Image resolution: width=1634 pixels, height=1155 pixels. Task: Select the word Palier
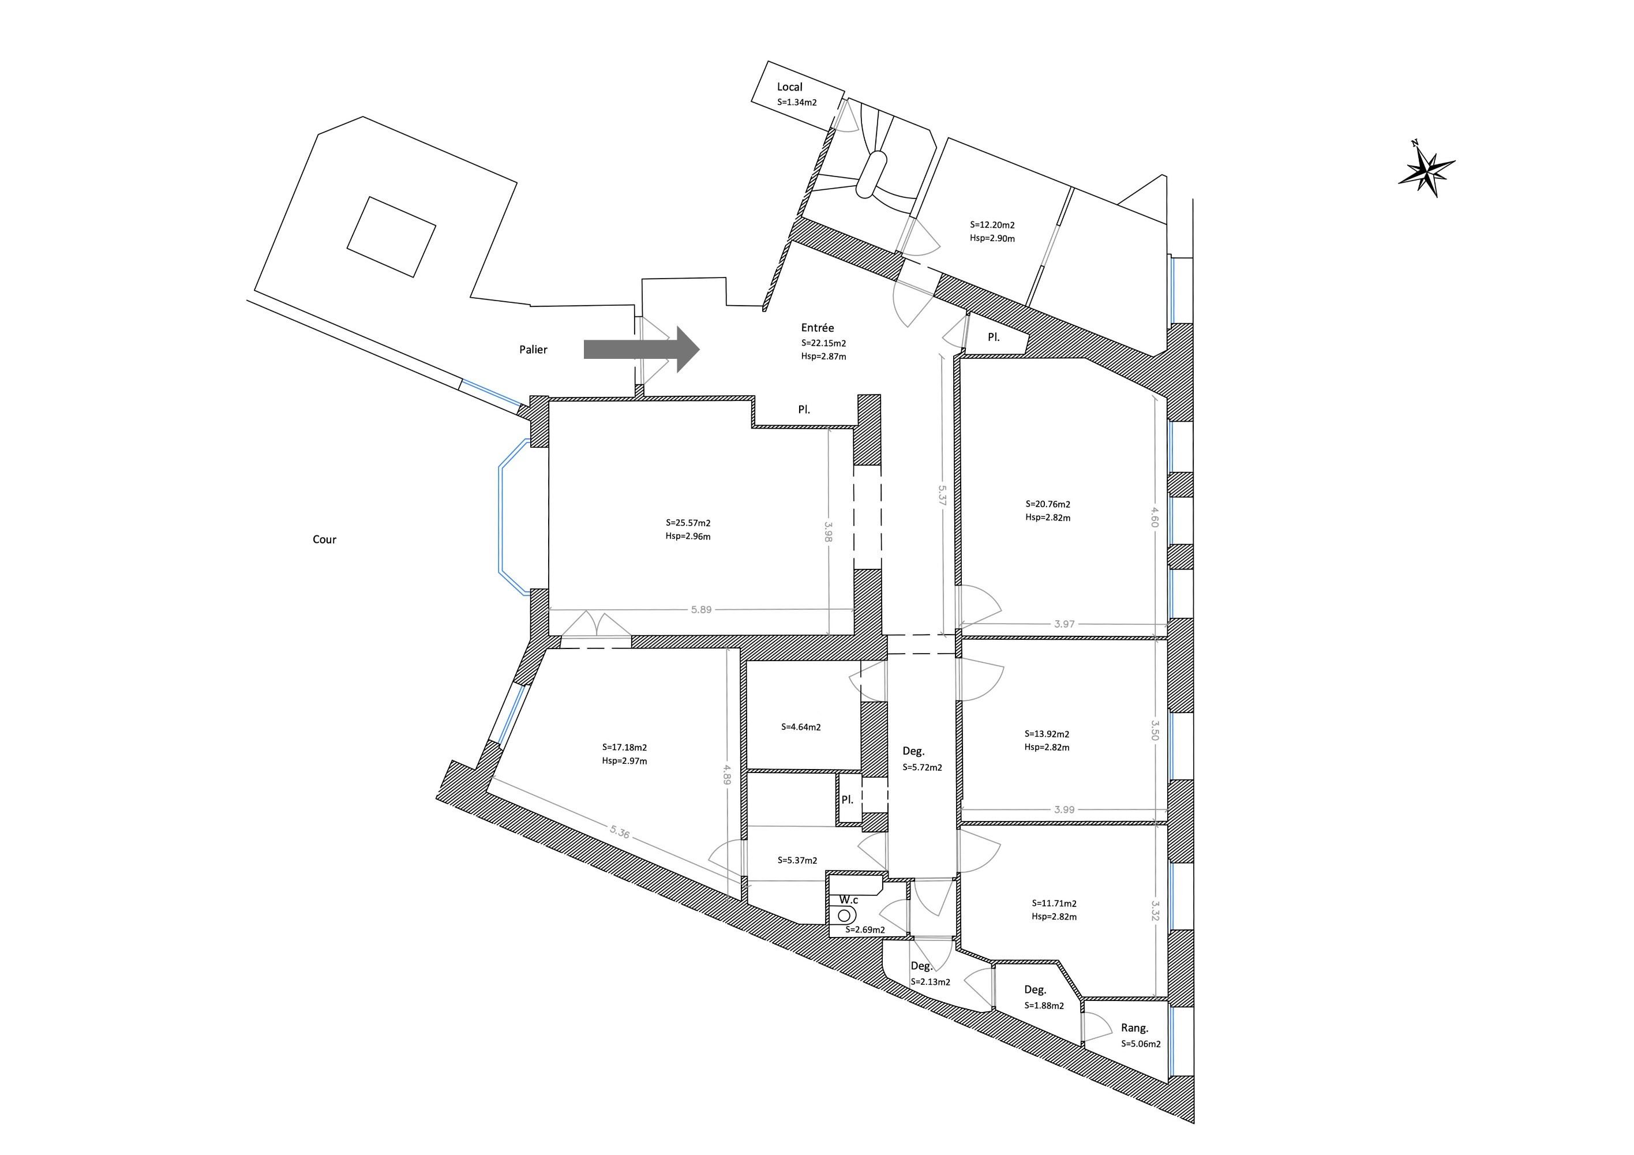point(533,350)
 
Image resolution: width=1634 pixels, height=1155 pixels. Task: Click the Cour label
point(324,539)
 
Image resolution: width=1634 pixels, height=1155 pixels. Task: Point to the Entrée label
point(818,327)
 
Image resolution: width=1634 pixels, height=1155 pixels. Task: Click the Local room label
point(789,87)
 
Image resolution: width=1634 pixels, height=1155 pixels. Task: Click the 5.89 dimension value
point(701,610)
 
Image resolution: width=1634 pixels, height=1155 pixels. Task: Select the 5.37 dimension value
point(942,496)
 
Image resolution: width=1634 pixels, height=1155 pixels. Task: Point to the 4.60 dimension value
point(1155,517)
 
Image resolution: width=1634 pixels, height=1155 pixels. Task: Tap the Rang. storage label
point(1134,1027)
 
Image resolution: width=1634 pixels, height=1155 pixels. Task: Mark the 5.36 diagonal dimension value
point(620,831)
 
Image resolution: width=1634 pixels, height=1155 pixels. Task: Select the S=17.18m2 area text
point(624,747)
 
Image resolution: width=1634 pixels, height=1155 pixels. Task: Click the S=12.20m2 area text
point(992,225)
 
